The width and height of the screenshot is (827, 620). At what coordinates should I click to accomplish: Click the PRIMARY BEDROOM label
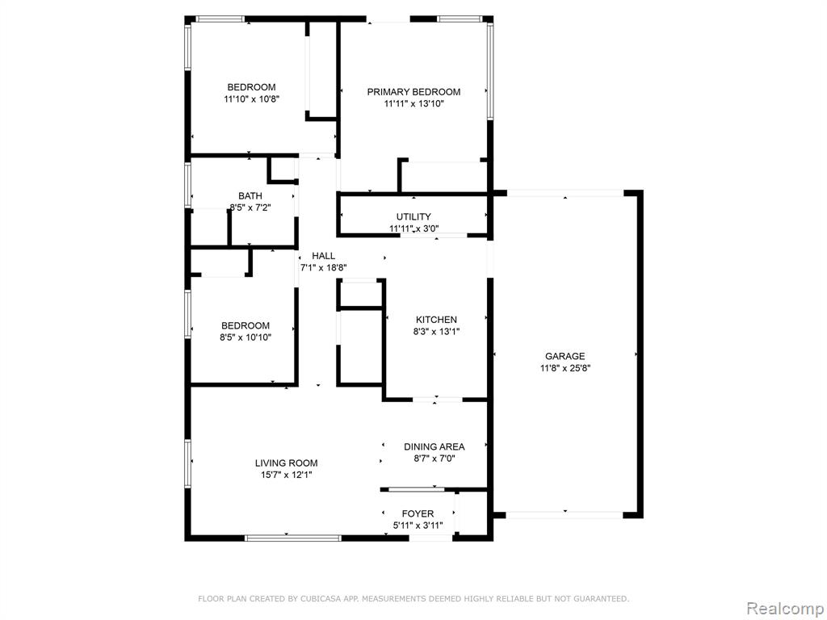(413, 92)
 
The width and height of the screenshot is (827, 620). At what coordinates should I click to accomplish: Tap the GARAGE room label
(565, 356)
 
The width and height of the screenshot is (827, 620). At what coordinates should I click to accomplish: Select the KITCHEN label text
(436, 320)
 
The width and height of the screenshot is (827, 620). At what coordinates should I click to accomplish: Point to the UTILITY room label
(413, 216)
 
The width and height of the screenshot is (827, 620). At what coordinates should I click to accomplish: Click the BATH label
(250, 196)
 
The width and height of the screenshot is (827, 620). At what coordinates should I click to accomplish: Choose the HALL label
(323, 256)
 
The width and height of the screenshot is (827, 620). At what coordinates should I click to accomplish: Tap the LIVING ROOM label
(287, 463)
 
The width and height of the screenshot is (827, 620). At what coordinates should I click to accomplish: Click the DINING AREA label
(434, 447)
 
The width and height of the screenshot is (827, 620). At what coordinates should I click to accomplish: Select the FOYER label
(418, 513)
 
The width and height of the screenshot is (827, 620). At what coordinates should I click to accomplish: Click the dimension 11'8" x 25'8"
(565, 368)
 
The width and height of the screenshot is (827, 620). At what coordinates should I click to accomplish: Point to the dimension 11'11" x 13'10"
(413, 104)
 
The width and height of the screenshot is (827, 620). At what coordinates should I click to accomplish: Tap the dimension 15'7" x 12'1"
(287, 475)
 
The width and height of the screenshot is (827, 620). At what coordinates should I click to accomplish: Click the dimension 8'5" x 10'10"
(246, 337)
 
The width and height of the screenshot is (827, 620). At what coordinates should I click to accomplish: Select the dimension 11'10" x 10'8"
(251, 99)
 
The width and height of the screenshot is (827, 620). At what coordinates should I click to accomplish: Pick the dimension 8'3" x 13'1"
(436, 332)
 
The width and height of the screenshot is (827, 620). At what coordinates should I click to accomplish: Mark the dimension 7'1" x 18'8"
(323, 268)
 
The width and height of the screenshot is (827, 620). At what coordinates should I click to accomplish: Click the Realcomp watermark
(785, 609)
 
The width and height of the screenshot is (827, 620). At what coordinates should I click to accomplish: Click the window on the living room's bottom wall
(293, 538)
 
